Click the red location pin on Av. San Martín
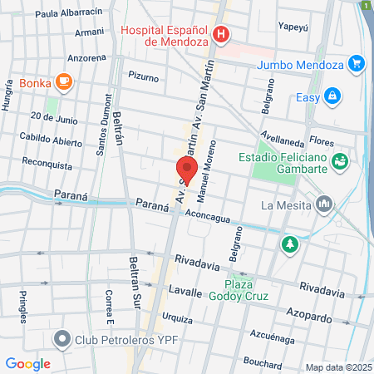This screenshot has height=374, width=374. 186,171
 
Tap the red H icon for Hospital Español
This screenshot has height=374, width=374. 221,34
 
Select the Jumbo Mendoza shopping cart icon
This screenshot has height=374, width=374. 357,62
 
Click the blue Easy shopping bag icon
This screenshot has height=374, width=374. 332,97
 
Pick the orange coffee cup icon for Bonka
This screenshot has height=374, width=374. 64,81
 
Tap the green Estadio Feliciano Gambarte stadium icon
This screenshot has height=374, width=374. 339,160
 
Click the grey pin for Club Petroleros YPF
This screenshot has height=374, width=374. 62,339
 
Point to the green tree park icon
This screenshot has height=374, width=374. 290,244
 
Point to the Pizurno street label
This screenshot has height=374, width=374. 143,76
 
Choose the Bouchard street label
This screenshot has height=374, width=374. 263,361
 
